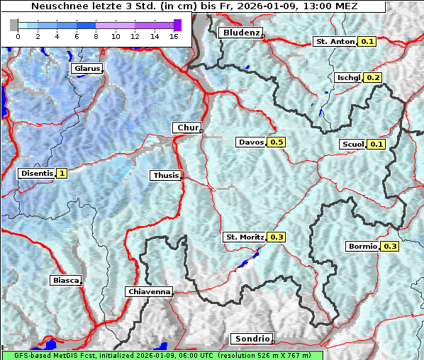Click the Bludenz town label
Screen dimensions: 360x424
click(x=240, y=33)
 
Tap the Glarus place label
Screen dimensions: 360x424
click(x=86, y=69)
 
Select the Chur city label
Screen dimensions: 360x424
click(x=187, y=128)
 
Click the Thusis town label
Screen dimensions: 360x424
click(x=166, y=175)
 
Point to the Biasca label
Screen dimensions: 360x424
click(x=66, y=281)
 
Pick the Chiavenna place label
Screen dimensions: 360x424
click(x=149, y=291)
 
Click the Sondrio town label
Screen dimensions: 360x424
click(x=251, y=339)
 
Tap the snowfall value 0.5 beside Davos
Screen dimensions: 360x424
click(x=277, y=142)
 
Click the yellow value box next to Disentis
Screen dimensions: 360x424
click(x=62, y=173)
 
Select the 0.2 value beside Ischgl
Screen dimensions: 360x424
click(x=374, y=78)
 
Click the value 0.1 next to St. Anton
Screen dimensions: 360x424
click(x=367, y=42)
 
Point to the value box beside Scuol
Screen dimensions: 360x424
click(x=376, y=145)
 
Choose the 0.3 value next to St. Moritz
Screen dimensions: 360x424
click(x=276, y=237)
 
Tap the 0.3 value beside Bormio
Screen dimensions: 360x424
click(x=390, y=247)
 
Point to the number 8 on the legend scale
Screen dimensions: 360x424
click(x=96, y=35)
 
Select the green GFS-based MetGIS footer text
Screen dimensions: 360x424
click(x=163, y=355)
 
